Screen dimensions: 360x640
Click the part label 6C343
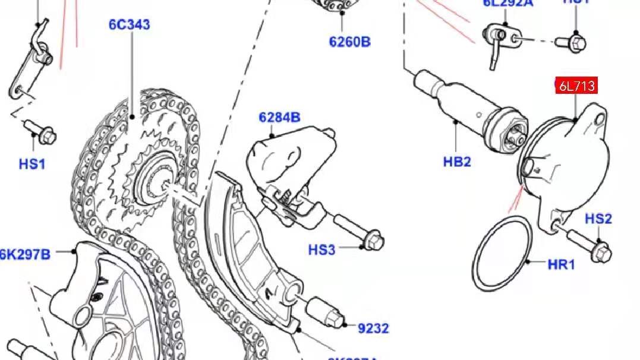point(129,24)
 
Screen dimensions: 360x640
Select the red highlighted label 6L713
point(576,86)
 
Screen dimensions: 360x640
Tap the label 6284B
point(279,118)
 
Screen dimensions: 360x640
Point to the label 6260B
point(349,42)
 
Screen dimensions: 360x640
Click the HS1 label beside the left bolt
point(32,164)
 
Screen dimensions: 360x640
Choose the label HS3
point(321,250)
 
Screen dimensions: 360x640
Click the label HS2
point(598,219)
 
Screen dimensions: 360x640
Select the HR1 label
point(561,264)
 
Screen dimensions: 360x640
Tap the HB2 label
point(457,161)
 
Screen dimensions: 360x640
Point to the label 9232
point(373,328)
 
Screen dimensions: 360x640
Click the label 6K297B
point(26,254)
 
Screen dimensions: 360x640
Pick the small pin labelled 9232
point(324,312)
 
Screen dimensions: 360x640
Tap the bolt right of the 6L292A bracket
point(572,42)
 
